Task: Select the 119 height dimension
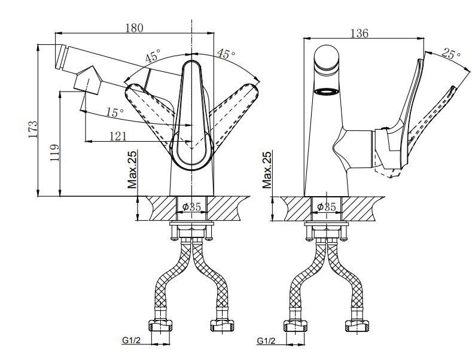(53, 154)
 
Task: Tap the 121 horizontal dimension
(117, 136)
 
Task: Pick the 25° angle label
(450, 53)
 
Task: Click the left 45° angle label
(152, 58)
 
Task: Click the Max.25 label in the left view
(132, 170)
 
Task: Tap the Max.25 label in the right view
(267, 170)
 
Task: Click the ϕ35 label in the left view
(191, 206)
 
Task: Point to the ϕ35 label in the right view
(327, 206)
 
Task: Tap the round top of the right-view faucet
(327, 58)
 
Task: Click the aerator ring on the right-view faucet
(327, 91)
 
